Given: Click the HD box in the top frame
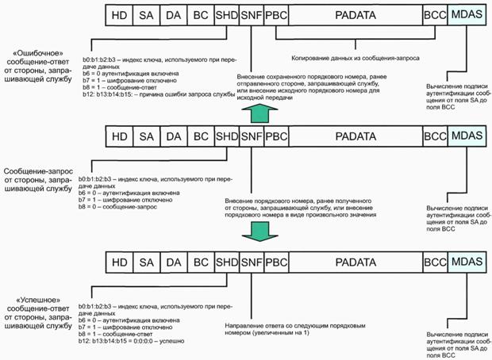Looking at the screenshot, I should click(119, 13).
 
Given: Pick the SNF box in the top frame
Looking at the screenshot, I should click(250, 13).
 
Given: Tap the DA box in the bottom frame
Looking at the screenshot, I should click(173, 262).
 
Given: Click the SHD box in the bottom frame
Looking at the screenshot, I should click(225, 262).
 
